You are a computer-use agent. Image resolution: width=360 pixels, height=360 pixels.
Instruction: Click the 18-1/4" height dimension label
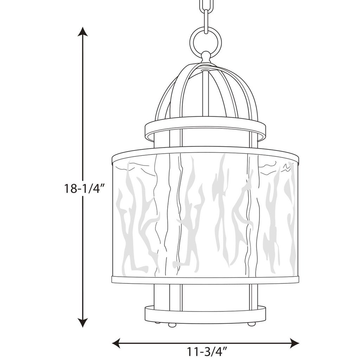[x=84, y=189]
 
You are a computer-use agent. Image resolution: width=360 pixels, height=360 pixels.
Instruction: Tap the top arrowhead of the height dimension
[x=83, y=32]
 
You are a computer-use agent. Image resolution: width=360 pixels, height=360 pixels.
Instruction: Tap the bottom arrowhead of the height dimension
[x=83, y=322]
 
